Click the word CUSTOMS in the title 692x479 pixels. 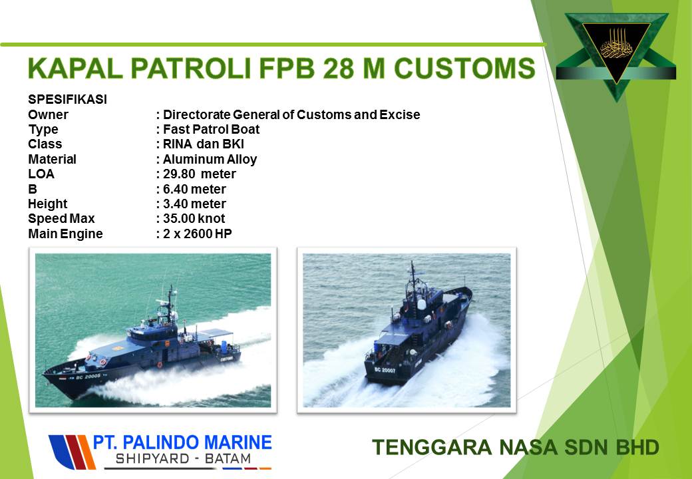(x=464, y=69)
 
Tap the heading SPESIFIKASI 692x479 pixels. (x=67, y=100)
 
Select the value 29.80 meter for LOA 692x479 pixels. (x=200, y=174)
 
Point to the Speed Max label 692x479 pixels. (x=61, y=219)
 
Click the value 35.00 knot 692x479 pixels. (x=194, y=219)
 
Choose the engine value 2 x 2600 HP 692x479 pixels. (x=198, y=234)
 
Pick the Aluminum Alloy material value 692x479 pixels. (x=210, y=159)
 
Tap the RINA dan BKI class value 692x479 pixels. (x=204, y=144)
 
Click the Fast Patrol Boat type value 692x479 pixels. (x=212, y=129)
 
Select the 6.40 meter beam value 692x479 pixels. (x=194, y=189)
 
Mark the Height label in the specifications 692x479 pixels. (x=48, y=204)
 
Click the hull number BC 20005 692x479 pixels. (x=88, y=377)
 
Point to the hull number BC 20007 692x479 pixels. (x=385, y=370)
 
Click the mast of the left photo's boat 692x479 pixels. (x=170, y=304)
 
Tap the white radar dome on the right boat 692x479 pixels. (x=421, y=304)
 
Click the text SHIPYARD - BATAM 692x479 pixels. (x=183, y=459)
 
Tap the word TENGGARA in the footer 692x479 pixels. (x=432, y=447)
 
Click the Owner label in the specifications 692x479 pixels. (x=48, y=114)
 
